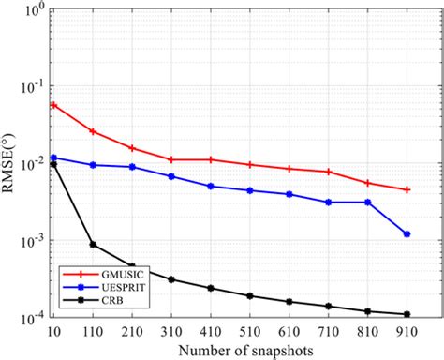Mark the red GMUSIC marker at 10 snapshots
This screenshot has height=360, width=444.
click(53, 105)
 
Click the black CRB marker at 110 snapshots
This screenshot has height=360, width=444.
click(93, 245)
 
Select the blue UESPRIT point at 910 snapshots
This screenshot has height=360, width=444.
click(407, 234)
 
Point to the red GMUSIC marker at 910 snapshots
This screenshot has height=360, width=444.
click(407, 190)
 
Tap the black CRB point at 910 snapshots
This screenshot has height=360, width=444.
click(407, 314)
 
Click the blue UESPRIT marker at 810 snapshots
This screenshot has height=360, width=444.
click(367, 202)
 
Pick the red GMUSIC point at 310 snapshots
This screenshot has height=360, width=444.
click(171, 160)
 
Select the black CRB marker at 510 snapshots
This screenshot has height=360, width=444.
click(250, 296)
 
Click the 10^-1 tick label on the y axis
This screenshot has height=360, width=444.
click(30, 87)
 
